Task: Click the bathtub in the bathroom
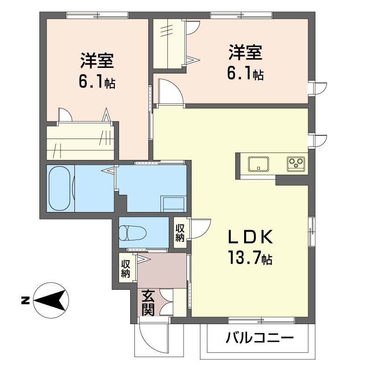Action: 60,188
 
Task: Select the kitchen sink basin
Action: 259,164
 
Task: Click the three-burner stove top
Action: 296,164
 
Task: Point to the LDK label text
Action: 250,237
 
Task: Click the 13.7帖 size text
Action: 250,258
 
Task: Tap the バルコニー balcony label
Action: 259,338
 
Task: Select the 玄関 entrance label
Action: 148,303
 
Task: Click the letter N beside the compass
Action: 25,300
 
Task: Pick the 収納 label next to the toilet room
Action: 180,233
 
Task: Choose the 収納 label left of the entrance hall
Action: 126,269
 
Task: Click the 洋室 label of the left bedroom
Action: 97,60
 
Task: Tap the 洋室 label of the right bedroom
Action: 246,52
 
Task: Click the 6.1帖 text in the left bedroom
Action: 97,82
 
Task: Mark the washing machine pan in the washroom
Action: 174,204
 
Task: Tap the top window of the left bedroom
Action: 97,15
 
